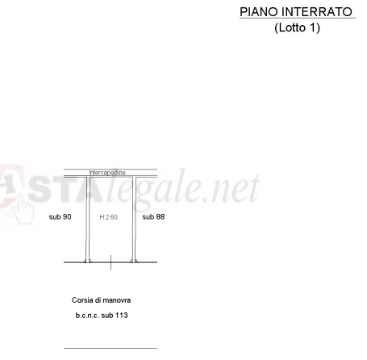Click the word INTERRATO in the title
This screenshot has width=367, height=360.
pos(317,12)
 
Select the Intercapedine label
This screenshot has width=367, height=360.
pos(107,173)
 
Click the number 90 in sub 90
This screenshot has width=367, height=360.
pos(66,217)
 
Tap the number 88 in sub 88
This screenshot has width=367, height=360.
pos(160,217)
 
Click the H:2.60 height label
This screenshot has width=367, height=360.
pos(108,217)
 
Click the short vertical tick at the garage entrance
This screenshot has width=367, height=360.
pos(111,262)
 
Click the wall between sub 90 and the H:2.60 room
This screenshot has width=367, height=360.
pos(88,220)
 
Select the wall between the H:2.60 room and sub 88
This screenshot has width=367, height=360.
pos(134,220)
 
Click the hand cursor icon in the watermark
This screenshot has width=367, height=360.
pos(23,209)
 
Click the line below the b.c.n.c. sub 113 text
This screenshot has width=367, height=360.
pos(111,348)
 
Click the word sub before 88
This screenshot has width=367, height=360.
pos(148,217)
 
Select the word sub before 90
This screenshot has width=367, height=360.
pos(54,217)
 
